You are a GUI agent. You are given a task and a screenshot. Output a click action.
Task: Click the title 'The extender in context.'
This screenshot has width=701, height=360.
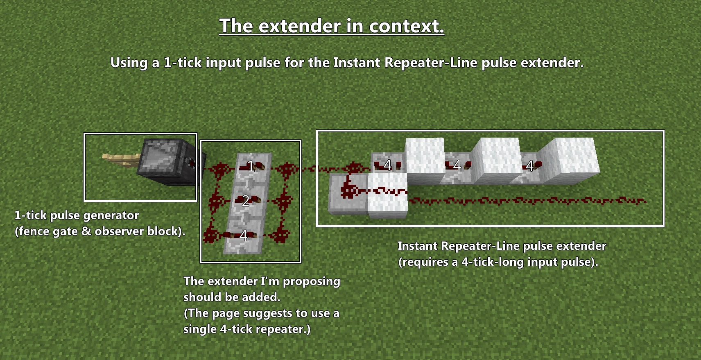click(332, 26)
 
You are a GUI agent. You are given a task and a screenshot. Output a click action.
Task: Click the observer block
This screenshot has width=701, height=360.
click(166, 162)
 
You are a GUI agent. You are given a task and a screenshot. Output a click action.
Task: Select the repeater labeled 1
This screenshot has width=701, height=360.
click(251, 166)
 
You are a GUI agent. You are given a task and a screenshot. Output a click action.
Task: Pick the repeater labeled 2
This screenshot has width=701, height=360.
click(246, 200)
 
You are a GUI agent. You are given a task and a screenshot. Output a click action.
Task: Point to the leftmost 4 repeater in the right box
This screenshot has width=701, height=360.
click(387, 165)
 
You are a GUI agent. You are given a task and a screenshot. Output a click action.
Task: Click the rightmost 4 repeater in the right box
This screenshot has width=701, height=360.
click(531, 165)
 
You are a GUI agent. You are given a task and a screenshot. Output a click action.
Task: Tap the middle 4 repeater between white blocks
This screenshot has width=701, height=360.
click(457, 165)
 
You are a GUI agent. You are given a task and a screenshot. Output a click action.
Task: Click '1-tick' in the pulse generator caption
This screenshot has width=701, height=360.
click(30, 215)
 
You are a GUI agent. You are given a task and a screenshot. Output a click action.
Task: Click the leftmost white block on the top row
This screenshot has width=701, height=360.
click(425, 158)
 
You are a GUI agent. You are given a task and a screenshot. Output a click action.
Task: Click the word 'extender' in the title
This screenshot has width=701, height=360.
click(300, 26)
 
